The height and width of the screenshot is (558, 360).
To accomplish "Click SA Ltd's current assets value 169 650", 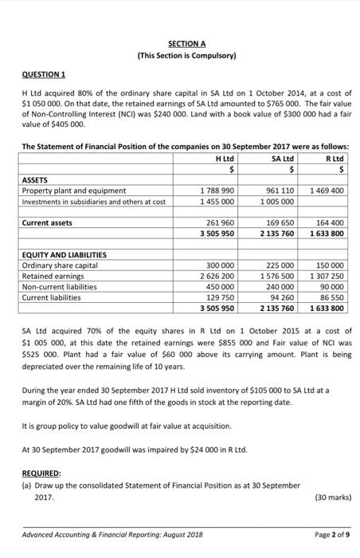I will (278, 224).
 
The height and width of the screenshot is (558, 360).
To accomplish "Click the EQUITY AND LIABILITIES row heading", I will (64, 255).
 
